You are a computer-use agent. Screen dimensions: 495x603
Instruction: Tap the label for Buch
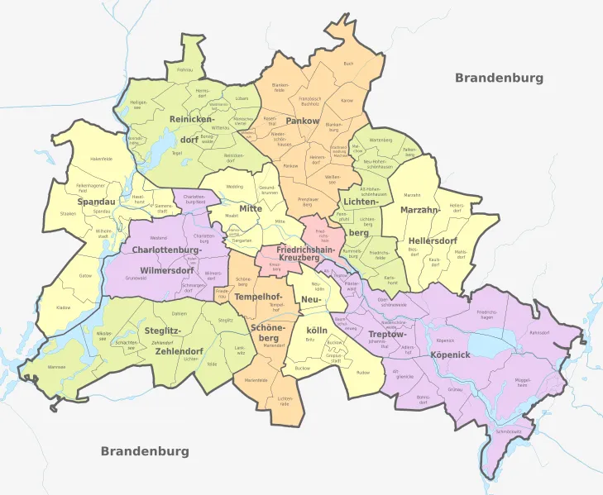348,64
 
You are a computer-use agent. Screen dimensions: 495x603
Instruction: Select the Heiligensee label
138,104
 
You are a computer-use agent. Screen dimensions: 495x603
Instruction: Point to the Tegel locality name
176,153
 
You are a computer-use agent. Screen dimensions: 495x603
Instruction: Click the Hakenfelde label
101,159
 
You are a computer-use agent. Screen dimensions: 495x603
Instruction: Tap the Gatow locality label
86,275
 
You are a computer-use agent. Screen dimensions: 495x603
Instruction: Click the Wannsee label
57,366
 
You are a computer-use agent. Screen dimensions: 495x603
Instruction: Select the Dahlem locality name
179,314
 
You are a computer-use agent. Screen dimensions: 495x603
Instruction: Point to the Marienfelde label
256,380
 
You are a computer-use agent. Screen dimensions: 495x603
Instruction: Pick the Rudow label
363,373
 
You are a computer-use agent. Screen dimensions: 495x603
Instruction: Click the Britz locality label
310,340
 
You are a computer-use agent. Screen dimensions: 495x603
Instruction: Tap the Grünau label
454,388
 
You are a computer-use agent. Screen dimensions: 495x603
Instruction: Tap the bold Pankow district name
302,121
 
